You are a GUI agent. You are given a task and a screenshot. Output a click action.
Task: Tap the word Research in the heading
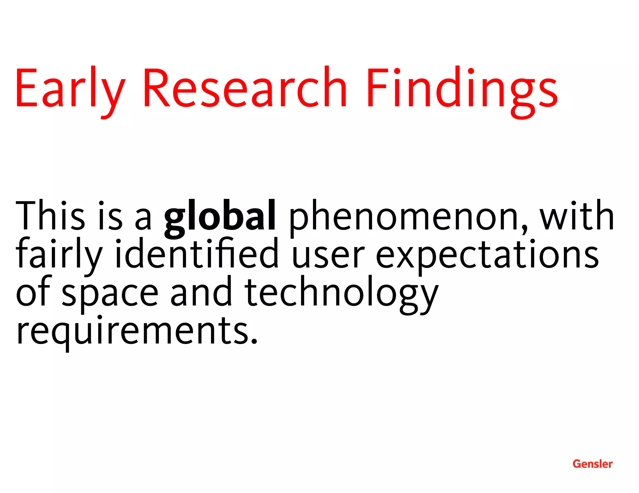click(245, 87)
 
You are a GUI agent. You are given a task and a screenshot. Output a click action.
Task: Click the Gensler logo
click(593, 464)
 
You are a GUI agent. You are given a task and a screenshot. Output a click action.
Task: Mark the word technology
click(341, 294)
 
